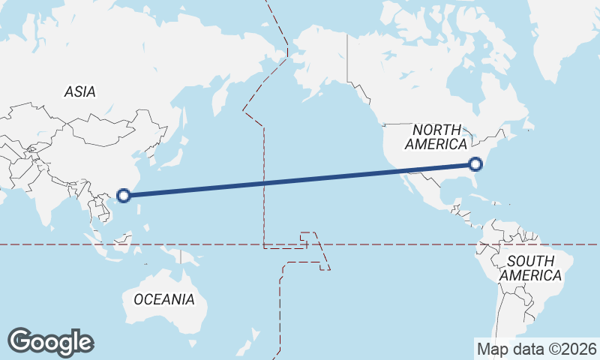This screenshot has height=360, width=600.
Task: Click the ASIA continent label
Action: point(79,91)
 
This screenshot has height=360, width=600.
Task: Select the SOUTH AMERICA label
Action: point(530,268)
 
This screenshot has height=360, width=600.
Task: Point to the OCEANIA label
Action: point(163,299)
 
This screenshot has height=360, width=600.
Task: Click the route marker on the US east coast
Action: point(475,164)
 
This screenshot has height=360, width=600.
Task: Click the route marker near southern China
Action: point(124,196)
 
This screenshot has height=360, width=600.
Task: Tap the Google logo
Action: point(50,342)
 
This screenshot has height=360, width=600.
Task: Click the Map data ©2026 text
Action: point(537,349)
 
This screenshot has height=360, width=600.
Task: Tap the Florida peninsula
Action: point(472,183)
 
